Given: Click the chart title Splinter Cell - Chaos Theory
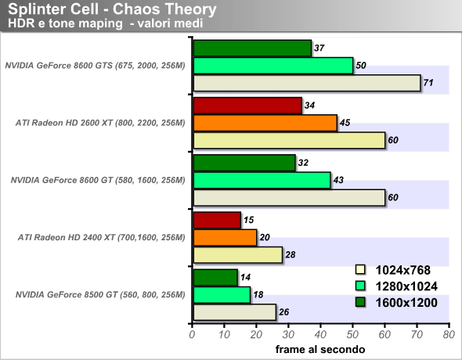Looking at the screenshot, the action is click(x=112, y=9).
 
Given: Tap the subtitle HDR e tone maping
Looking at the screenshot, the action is click(x=65, y=23).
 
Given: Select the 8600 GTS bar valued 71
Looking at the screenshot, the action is click(x=307, y=83).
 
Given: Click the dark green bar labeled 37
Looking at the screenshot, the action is click(x=252, y=49).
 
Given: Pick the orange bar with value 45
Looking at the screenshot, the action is click(x=265, y=123).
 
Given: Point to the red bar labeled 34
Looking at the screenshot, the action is click(x=247, y=106).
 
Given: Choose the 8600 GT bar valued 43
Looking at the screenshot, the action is click(x=262, y=180).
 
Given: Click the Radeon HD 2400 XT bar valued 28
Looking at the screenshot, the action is click(x=238, y=255).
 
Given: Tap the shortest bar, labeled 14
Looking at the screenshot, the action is click(x=215, y=278).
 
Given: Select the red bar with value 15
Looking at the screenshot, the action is click(x=217, y=220).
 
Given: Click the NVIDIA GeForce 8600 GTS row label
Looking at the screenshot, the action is click(x=96, y=65).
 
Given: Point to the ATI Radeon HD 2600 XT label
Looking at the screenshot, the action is click(x=100, y=123).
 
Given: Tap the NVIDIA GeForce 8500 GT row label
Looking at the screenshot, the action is click(x=100, y=295).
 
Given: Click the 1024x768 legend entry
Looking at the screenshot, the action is click(x=393, y=270).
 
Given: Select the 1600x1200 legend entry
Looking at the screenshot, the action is click(x=396, y=303).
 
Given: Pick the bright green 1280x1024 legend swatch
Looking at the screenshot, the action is click(x=360, y=286).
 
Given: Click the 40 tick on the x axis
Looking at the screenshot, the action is click(x=320, y=335).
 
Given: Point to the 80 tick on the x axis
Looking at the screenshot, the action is click(x=449, y=335).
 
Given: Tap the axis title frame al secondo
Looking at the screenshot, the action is click(x=320, y=349).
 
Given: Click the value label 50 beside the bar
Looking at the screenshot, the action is click(x=361, y=65).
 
